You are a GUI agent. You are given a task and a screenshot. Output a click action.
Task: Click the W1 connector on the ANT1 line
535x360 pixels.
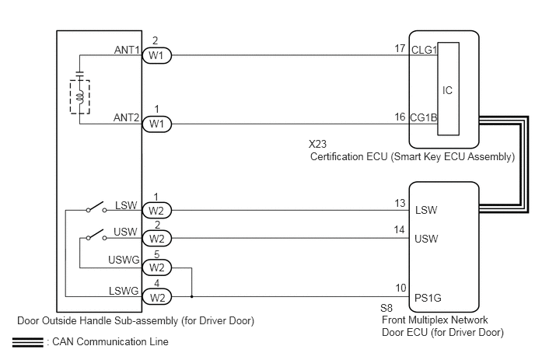point(156,55)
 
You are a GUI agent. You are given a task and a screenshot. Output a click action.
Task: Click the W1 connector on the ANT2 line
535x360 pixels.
point(156,124)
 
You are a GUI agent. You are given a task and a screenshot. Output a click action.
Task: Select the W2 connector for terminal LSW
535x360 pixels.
point(156,211)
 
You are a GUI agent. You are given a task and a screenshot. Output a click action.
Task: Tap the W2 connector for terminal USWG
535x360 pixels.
point(156,267)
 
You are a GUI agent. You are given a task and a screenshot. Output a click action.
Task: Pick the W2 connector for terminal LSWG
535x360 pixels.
point(156,296)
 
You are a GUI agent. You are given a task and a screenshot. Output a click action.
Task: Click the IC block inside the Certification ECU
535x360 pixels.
point(449,89)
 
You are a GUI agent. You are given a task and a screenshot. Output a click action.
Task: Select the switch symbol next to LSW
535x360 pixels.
point(96,207)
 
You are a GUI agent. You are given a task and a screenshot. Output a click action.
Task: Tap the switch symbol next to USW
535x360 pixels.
point(96,235)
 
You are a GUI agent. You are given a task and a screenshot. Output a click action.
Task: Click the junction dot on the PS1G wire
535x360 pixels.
point(192,296)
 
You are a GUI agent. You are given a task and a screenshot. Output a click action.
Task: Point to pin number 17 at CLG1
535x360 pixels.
point(400,49)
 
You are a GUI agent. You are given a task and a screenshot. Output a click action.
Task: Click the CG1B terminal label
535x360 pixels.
point(424,117)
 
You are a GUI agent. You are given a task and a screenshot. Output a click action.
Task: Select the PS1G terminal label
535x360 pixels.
point(428,298)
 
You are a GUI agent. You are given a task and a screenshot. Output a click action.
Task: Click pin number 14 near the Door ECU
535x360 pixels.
point(399,229)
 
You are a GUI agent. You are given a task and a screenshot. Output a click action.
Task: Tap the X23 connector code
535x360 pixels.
point(317,144)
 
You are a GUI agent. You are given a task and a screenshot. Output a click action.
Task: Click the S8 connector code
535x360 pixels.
point(386,308)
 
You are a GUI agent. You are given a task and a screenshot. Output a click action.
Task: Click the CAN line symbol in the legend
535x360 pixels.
point(28,342)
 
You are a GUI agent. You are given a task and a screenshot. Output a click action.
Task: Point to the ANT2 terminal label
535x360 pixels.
point(127,117)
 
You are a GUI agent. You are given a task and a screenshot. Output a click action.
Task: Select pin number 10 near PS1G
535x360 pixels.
point(401,288)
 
